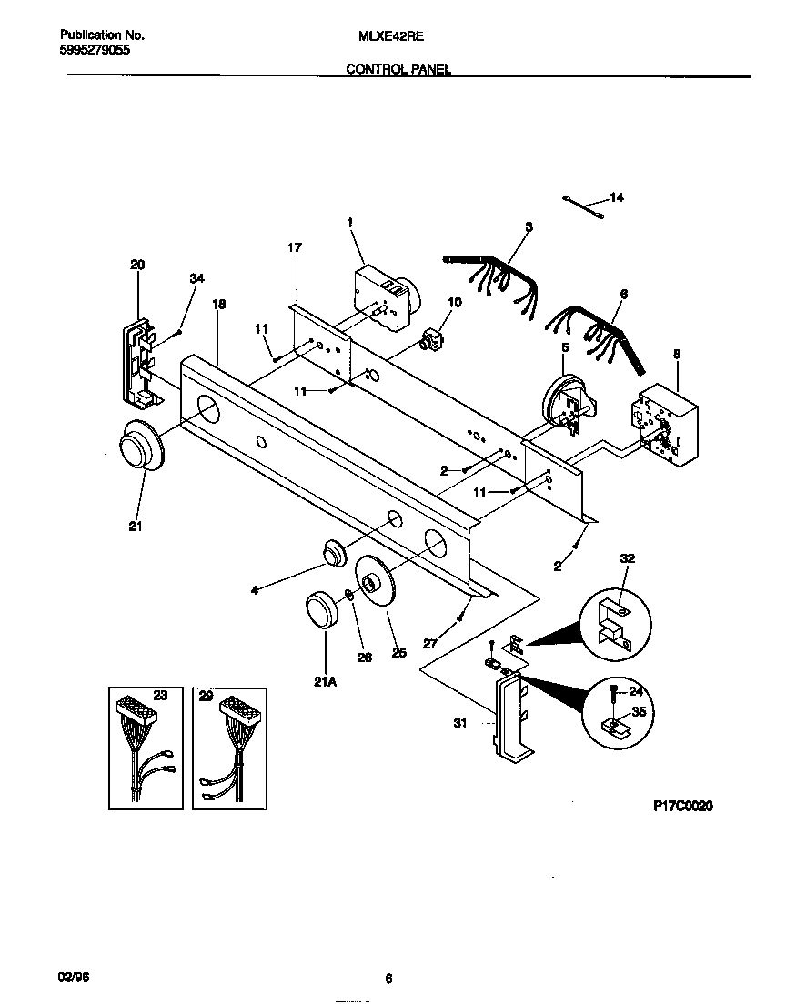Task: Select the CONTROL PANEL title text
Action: click(398, 69)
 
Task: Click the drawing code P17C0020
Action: click(683, 806)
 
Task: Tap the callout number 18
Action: click(218, 305)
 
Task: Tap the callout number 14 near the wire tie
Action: click(617, 197)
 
